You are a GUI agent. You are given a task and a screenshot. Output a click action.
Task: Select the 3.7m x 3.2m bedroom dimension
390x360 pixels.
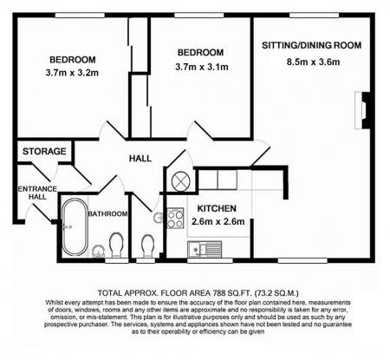coord(72,75)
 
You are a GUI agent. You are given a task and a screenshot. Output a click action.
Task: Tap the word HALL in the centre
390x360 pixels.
coord(140,159)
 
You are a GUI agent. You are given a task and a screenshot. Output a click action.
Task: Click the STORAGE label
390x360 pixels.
coord(44,152)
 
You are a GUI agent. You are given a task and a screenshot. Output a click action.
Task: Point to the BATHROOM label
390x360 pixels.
coord(112,213)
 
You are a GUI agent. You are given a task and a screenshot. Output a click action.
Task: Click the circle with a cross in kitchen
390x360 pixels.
coord(180,181)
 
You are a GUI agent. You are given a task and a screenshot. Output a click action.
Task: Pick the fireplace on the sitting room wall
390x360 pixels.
coord(361,109)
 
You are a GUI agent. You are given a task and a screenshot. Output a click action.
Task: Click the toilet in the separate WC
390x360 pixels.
coord(148,245)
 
